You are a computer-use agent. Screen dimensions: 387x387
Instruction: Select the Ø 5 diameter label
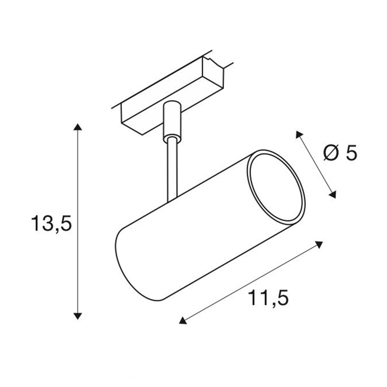coord(340,153)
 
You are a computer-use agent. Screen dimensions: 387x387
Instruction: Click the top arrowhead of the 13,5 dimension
coord(78,127)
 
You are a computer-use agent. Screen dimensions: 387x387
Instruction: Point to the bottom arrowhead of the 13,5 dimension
coord(78,316)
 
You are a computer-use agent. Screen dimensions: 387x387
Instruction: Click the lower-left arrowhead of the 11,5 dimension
coord(183,321)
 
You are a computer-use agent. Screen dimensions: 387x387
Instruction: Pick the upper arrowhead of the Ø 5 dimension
coord(299,134)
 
